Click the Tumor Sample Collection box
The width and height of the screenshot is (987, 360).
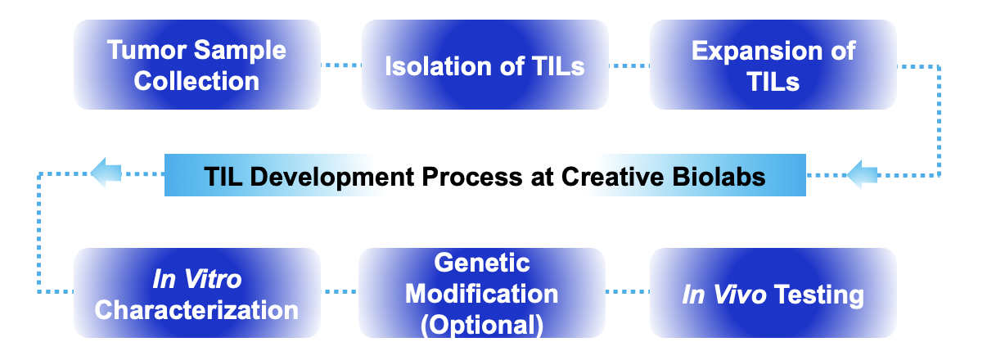coord(196,65)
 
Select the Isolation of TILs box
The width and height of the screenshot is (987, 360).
coord(484,65)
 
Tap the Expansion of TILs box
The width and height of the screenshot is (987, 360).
coord(773,65)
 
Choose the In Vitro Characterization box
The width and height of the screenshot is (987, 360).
coord(196,294)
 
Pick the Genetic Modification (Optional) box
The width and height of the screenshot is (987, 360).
coord(482,294)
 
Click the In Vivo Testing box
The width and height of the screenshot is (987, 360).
coord(773,294)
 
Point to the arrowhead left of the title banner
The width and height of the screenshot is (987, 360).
coord(106,173)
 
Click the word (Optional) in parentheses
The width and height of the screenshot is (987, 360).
coord(482,325)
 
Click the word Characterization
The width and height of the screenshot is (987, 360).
coord(196,310)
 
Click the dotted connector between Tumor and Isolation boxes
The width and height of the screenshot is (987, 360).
coord(340,65)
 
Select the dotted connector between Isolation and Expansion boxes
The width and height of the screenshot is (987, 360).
coord(629,65)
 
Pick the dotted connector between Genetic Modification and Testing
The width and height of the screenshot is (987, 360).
coord(627,291)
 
